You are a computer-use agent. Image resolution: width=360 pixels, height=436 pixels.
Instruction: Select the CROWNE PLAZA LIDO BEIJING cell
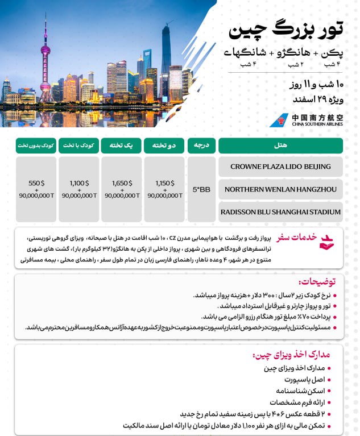point(280,167)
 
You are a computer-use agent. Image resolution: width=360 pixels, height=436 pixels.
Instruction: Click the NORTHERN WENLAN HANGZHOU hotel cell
point(280,189)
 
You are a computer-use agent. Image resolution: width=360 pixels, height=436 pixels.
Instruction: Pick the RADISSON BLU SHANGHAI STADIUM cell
point(280,212)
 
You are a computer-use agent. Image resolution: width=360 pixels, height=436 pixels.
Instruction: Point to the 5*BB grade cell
point(202,189)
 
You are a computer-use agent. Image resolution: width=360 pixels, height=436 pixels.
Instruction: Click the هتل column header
point(280,146)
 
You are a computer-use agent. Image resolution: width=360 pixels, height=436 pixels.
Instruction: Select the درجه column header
point(202,146)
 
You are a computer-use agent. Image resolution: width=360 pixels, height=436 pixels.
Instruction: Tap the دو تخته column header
point(164,146)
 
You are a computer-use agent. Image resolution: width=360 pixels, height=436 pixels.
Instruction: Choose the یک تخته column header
point(122,146)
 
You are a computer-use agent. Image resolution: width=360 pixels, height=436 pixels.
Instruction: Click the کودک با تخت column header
point(79,146)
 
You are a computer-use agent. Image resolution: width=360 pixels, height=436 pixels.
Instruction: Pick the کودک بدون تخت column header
point(36,146)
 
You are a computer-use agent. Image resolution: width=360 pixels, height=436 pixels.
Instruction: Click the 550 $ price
point(36,183)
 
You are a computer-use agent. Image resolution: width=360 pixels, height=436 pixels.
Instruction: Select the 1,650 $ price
point(122,183)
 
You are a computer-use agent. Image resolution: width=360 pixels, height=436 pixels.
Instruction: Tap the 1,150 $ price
point(164,183)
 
